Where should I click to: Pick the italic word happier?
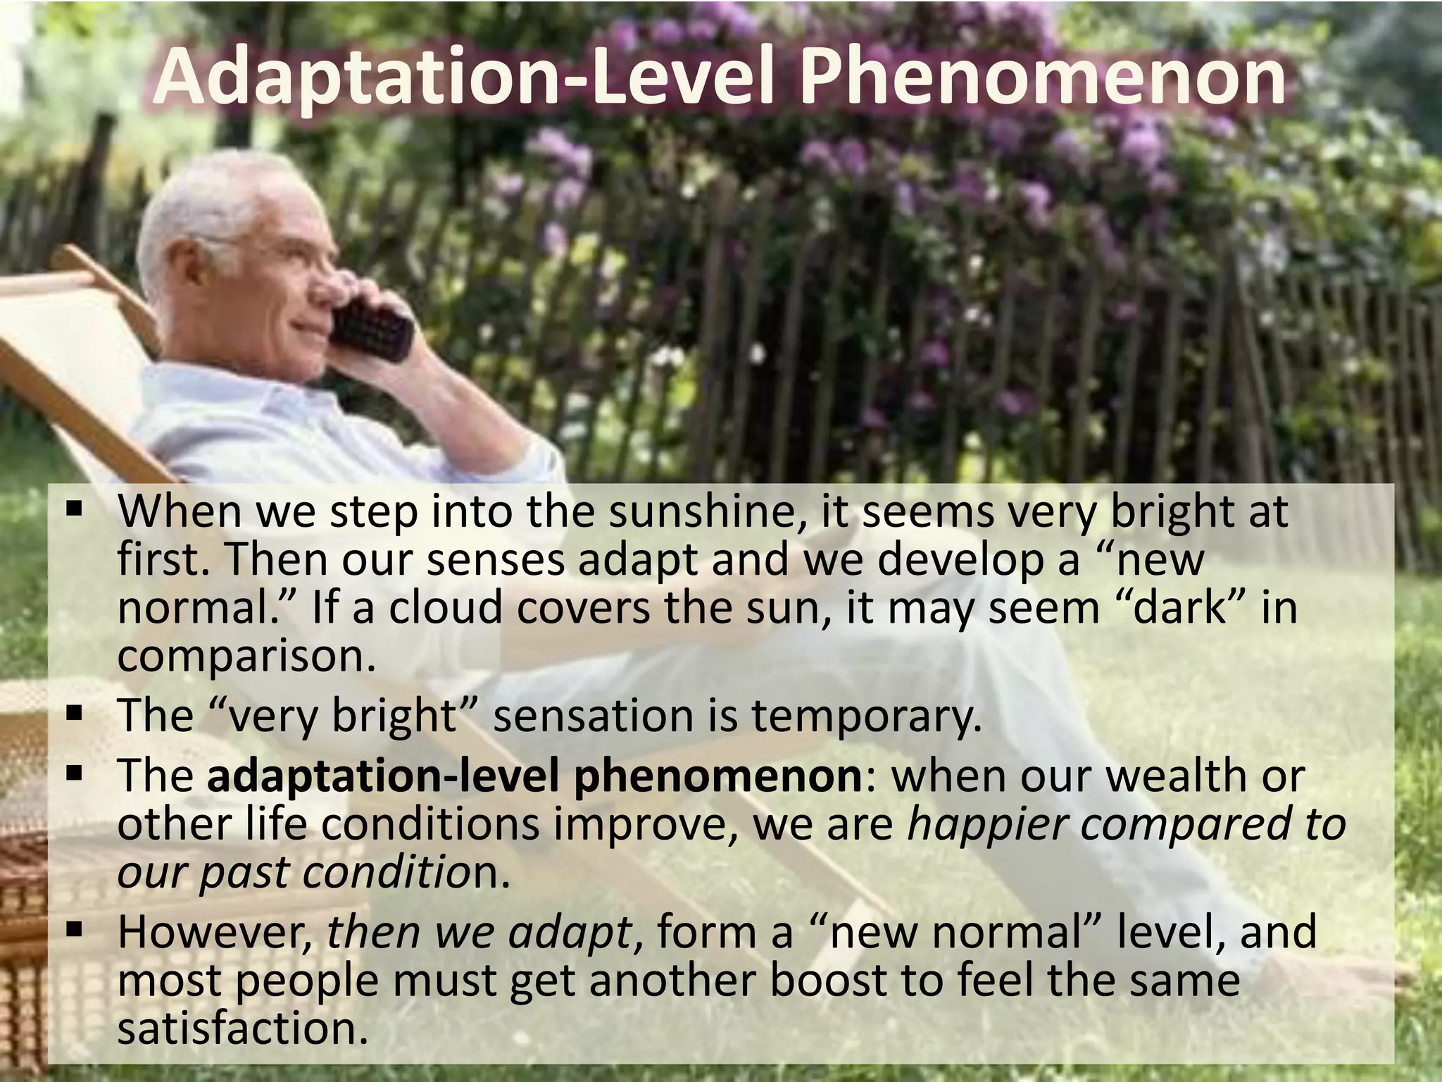click(x=986, y=824)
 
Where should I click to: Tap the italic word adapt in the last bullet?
click(x=570, y=933)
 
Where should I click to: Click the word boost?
click(x=831, y=980)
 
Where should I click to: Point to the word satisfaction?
click(x=243, y=1028)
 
